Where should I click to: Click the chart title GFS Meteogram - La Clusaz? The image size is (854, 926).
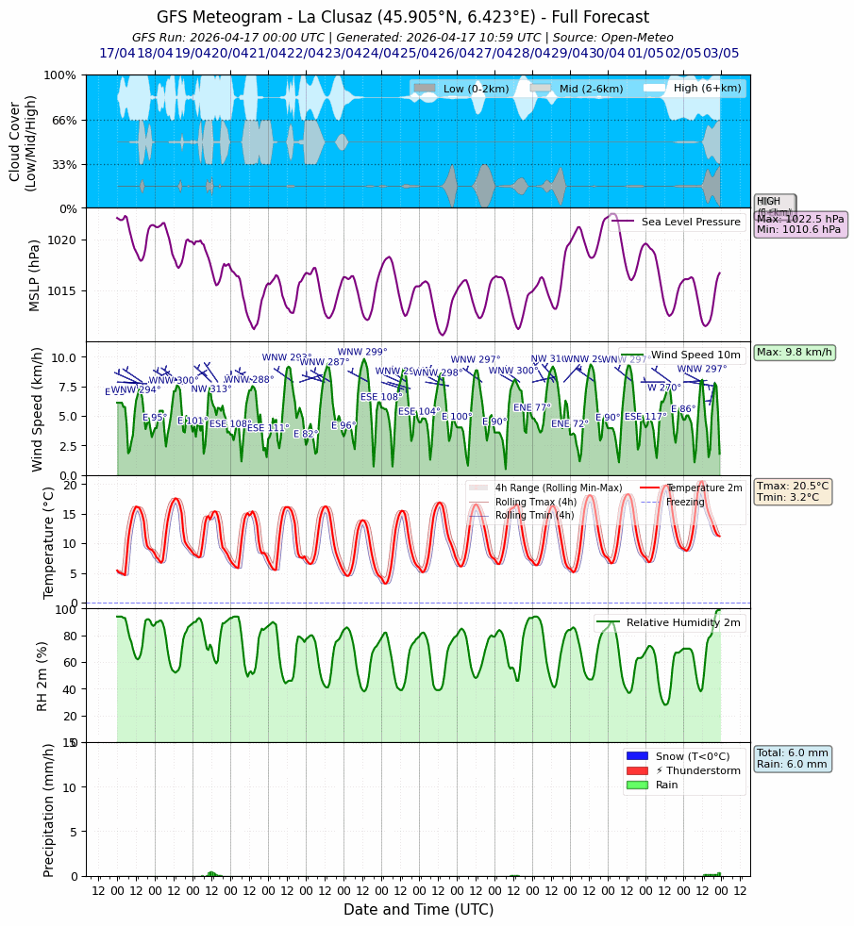click(x=403, y=17)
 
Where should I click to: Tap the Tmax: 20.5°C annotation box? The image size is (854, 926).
click(x=793, y=492)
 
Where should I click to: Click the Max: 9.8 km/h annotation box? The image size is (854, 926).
click(x=795, y=353)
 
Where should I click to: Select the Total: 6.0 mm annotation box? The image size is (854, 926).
click(x=793, y=758)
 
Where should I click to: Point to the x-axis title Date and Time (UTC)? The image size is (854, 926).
click(x=418, y=910)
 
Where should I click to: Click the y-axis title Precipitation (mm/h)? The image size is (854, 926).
click(x=50, y=809)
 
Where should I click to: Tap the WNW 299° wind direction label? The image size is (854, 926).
click(x=362, y=352)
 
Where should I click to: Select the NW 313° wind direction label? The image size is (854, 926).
click(x=211, y=389)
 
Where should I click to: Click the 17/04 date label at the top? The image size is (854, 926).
click(x=117, y=53)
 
